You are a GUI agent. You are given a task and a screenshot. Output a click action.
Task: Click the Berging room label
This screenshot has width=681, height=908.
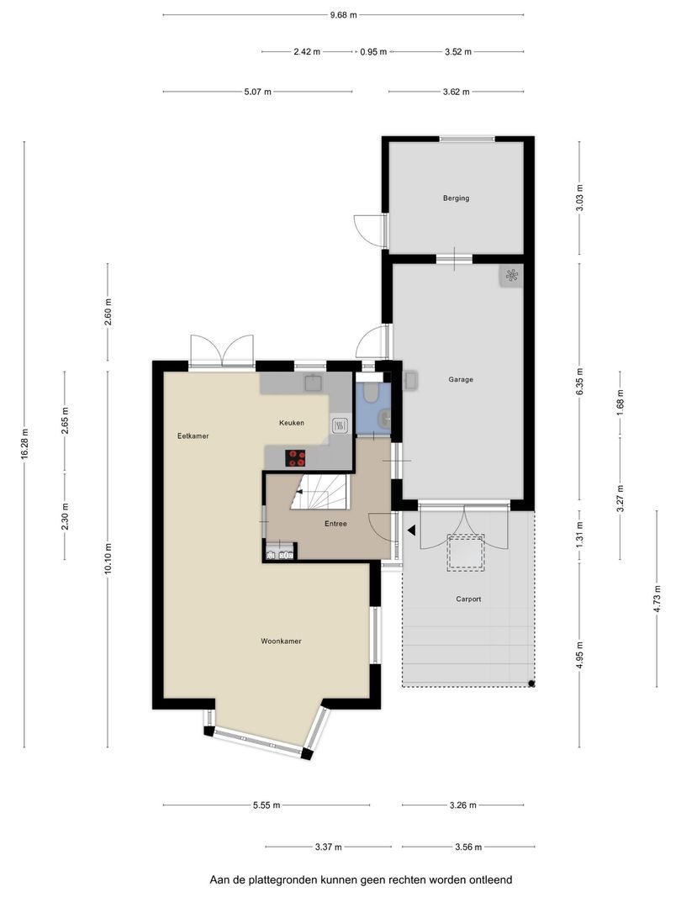coord(456,198)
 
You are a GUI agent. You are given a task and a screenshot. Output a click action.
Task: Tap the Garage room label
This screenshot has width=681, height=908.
coord(461,380)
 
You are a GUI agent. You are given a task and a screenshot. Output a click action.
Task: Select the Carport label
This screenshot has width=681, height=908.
coord(468,599)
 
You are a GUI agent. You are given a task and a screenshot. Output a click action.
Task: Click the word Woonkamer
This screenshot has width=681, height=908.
coord(281,641)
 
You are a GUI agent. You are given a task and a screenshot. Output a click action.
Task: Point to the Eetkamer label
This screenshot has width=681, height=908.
coord(193,436)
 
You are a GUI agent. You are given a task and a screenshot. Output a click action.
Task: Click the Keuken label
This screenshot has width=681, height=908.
coord(291,423)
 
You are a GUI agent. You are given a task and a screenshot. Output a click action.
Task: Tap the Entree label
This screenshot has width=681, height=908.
coord(335,524)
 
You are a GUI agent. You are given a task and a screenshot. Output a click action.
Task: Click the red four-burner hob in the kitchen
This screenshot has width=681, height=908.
coord(295,458)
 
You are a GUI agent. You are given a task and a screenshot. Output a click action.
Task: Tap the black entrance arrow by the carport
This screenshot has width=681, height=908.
coord(411,530)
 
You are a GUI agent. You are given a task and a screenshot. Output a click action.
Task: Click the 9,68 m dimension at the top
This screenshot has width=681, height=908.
coord(343,15)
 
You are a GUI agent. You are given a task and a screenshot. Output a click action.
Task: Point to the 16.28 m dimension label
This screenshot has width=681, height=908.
coord(24,444)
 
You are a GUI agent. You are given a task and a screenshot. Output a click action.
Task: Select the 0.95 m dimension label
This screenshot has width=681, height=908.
coord(373,51)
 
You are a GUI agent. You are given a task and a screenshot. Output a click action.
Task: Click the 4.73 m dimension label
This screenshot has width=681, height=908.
coord(657,599)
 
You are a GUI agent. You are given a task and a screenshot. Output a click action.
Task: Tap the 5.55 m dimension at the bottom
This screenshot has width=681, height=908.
coord(267,805)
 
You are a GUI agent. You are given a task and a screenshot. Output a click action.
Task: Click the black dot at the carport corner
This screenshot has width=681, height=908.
coord(531,684)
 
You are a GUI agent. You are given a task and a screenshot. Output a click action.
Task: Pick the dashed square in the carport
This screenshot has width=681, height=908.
coord(465,553)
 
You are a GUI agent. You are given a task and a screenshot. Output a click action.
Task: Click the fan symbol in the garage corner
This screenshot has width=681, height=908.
coord(511,276)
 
